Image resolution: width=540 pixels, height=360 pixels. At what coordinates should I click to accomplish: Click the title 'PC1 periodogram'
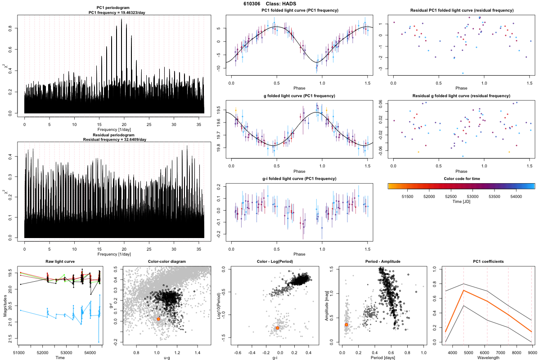tap(114, 9)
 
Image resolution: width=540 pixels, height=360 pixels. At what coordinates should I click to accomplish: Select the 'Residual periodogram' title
tap(114, 135)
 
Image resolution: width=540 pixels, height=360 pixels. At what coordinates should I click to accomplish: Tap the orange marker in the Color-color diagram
tap(158, 319)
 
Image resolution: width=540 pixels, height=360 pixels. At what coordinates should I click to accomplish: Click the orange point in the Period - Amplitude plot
tap(346, 324)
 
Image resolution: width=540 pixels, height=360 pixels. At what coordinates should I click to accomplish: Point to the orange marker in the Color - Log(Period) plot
tap(277, 328)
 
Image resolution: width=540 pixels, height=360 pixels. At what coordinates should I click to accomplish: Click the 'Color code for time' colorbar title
tap(461, 179)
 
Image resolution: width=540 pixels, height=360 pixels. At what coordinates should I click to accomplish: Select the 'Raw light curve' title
tap(60, 261)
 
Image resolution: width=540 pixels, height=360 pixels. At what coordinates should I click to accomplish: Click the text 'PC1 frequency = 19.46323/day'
tap(114, 13)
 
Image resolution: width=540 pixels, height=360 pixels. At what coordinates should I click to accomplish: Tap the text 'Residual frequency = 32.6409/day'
tap(114, 139)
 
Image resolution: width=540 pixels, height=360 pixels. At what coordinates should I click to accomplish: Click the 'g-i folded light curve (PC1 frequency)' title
tap(299, 179)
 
